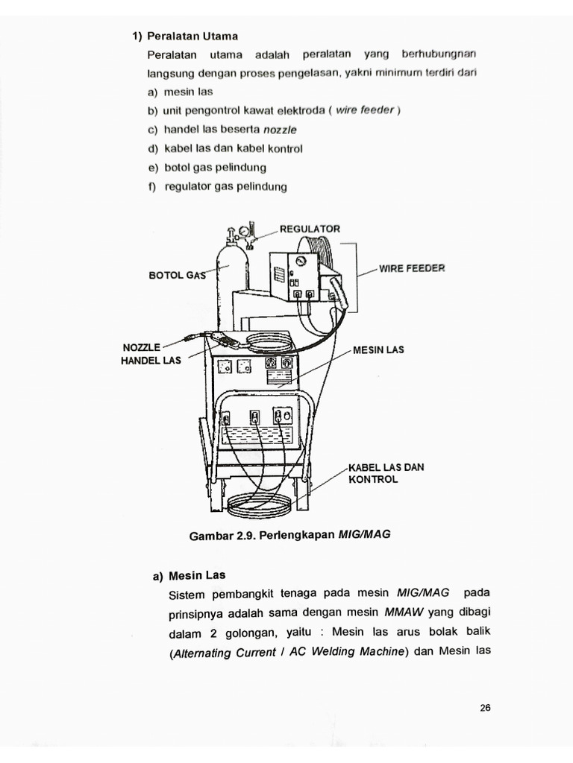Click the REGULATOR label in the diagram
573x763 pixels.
coord(310,229)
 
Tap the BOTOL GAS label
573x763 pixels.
coord(176,275)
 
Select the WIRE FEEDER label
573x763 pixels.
coord(412,268)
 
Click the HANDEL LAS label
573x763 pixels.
coord(151,361)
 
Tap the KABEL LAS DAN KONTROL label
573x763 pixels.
coord(386,473)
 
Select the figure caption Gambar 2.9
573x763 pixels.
coord(290,534)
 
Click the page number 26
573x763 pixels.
coord(485,709)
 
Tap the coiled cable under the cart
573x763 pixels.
coord(257,507)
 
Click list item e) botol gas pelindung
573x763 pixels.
coord(207,168)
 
